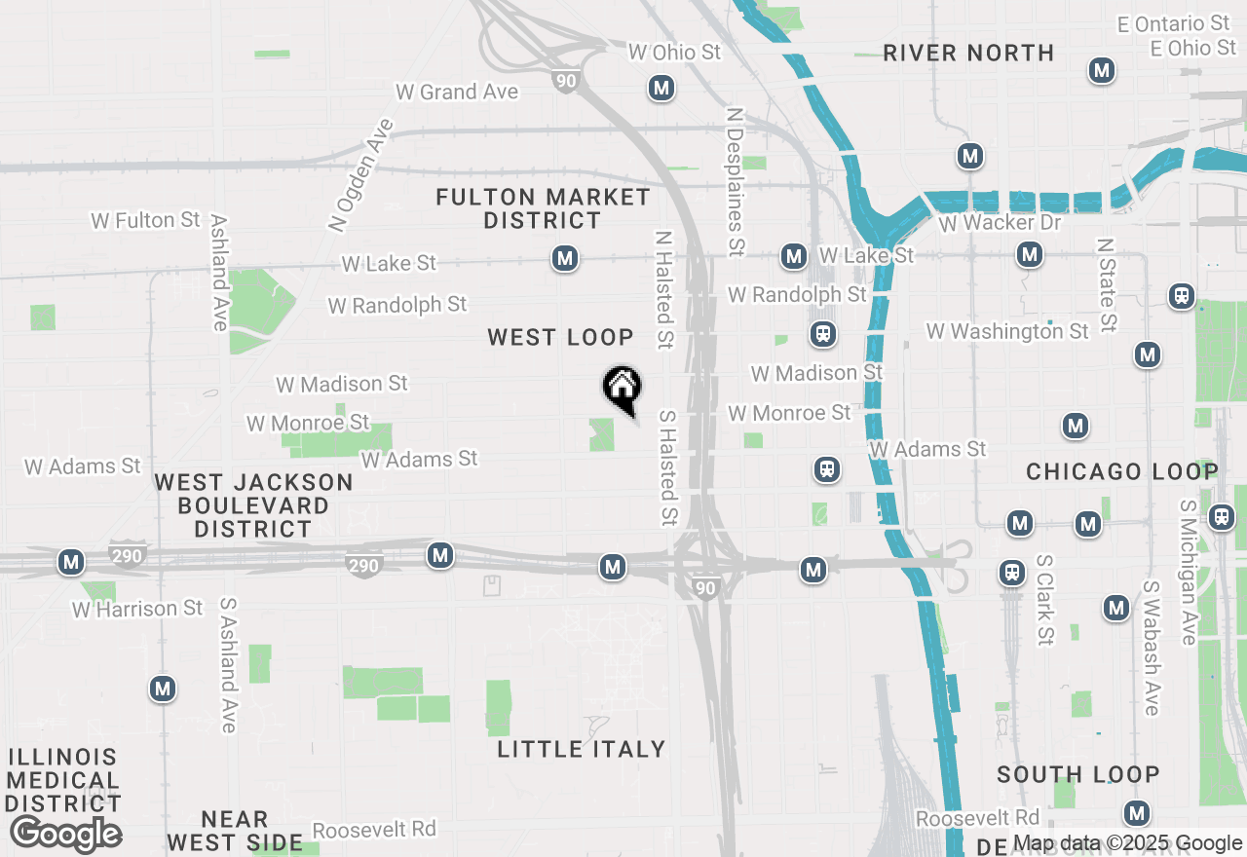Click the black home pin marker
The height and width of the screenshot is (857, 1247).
click(622, 389)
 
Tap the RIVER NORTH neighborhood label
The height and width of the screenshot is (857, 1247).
click(968, 54)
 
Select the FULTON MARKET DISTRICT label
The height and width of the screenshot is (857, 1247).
click(543, 208)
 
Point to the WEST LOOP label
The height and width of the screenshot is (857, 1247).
click(560, 337)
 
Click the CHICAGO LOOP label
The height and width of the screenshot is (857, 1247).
click(1121, 472)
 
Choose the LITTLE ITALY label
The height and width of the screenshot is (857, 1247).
click(582, 749)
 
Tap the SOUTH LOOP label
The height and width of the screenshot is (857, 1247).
click(1077, 775)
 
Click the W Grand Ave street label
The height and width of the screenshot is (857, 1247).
click(457, 92)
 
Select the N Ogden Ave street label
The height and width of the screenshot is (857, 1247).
click(360, 175)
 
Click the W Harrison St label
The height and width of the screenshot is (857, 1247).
click(137, 609)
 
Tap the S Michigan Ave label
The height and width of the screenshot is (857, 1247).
click(1188, 573)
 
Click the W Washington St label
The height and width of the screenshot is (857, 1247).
click(1007, 331)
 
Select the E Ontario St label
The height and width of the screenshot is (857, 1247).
click(1174, 23)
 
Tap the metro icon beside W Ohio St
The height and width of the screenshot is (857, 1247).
click(661, 89)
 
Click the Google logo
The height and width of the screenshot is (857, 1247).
click(65, 835)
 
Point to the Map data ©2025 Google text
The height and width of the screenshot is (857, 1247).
click(1127, 843)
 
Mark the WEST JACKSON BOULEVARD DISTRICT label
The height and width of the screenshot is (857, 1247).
click(253, 505)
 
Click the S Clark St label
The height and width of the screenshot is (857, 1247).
click(1044, 600)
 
